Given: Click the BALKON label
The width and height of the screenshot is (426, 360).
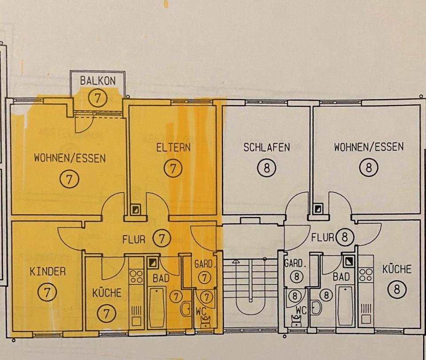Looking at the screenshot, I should point(98,80).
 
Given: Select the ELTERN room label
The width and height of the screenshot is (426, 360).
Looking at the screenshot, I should point(173,147).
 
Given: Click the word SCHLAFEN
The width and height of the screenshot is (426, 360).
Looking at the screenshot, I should point(267,147).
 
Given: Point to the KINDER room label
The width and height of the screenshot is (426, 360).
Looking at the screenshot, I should point(47,271).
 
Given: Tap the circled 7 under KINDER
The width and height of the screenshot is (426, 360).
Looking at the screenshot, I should point(47,292).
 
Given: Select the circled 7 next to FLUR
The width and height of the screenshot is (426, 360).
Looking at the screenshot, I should point(162,238).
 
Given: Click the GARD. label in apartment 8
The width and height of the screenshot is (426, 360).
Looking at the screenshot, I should point(295,263).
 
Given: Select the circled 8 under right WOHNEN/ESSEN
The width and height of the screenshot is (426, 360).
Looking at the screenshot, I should point(369,168).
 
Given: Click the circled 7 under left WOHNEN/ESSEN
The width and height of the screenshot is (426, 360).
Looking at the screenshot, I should point(69,179).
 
